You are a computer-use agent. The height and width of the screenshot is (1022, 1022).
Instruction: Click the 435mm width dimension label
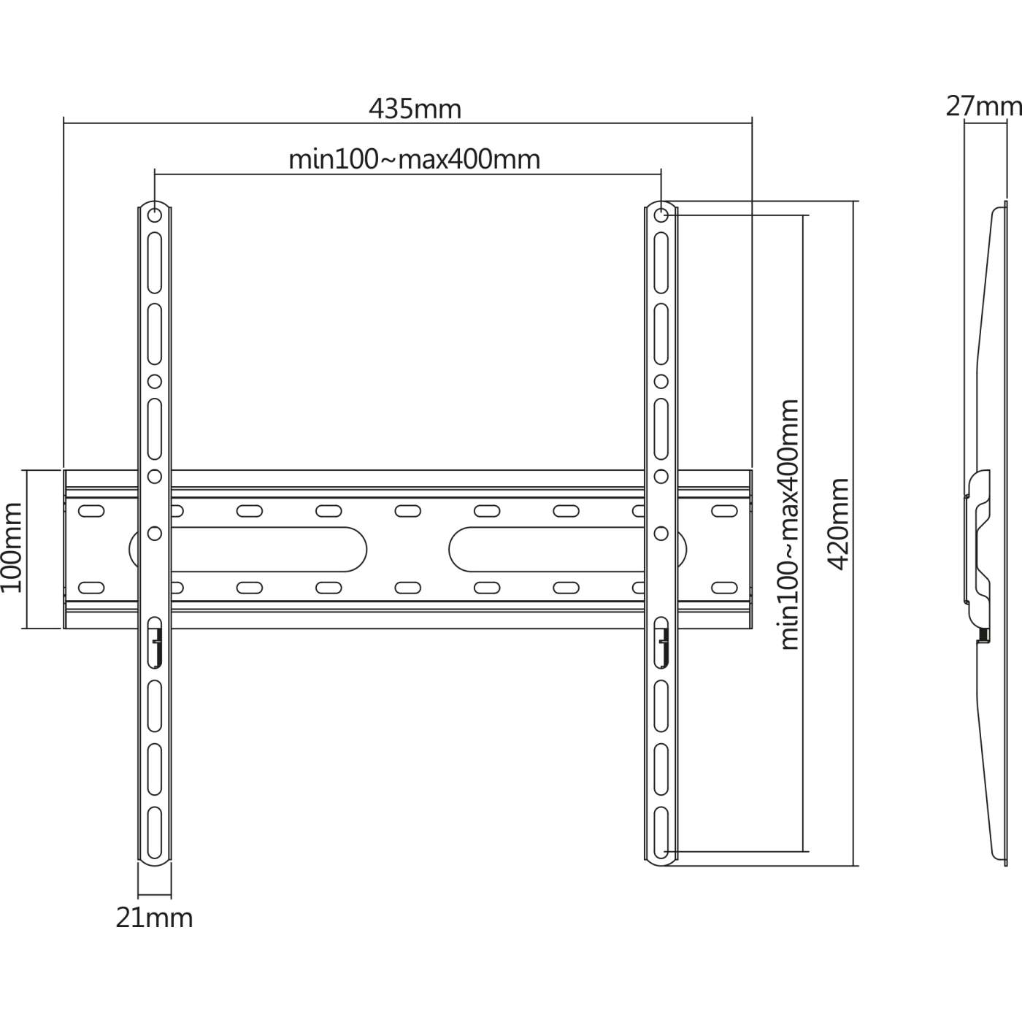[415, 109]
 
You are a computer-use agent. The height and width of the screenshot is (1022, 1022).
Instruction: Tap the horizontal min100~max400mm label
[414, 159]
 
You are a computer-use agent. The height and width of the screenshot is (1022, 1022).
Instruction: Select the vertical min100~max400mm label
[790, 524]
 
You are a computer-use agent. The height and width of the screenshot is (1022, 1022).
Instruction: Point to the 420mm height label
[839, 524]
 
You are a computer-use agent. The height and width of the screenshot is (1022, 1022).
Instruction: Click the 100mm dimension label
[12, 547]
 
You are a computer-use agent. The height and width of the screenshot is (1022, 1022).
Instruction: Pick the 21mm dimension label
[154, 918]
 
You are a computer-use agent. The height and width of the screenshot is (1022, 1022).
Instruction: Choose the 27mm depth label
[983, 107]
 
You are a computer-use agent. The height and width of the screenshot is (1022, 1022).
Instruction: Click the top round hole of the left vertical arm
[155, 215]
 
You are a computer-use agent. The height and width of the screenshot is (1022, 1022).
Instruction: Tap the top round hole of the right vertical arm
[661, 215]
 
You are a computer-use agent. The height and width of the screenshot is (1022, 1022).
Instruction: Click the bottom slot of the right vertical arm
[661, 832]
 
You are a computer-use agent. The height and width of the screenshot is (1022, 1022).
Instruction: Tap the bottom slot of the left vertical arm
[155, 832]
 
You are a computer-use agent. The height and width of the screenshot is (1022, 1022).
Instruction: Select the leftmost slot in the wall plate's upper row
[91, 511]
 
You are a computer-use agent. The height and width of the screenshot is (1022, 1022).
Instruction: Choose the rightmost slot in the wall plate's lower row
[724, 587]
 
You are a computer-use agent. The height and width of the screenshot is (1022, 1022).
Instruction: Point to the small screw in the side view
[983, 637]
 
